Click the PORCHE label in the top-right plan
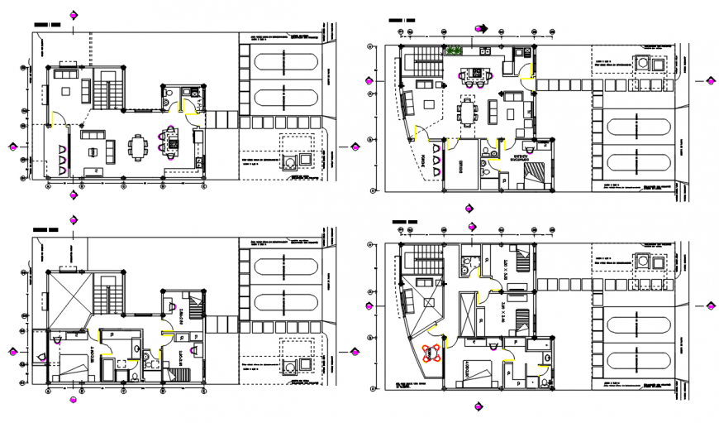click(x=426, y=159)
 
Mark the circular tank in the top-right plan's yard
click(x=641, y=65)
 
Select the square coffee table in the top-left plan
click(x=110, y=149)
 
